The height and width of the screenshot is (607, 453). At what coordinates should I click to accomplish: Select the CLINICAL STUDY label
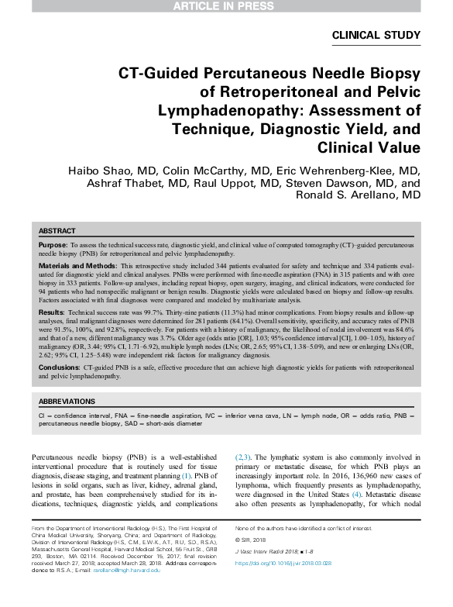[x=376, y=35]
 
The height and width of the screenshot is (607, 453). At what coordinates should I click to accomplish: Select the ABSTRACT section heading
[x=57, y=231]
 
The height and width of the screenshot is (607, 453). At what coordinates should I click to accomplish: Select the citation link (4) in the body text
[x=313, y=493]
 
